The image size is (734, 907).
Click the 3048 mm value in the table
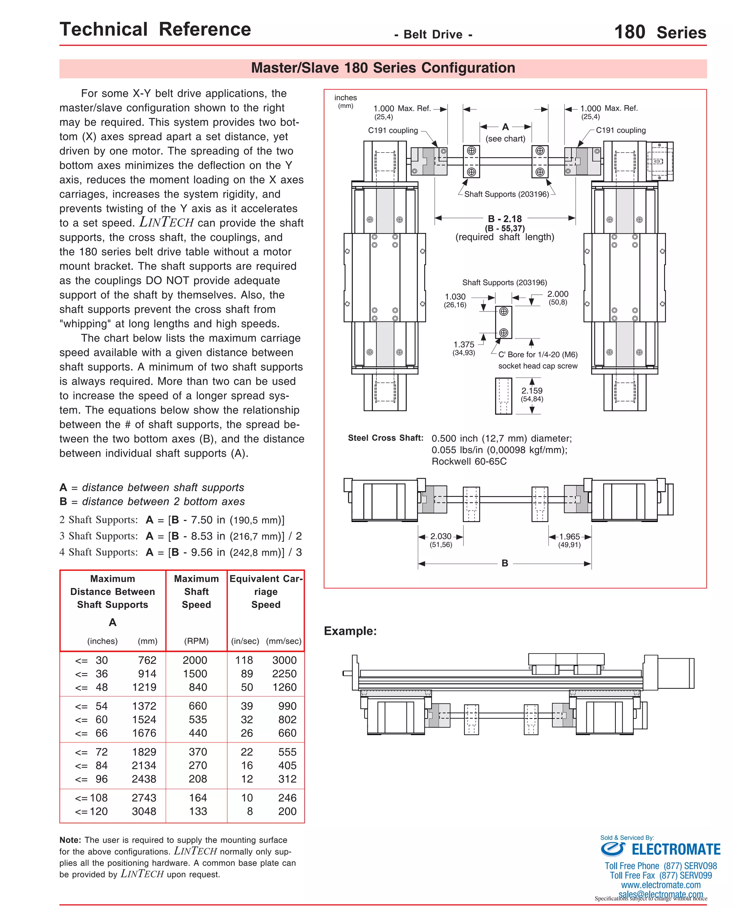[x=144, y=811]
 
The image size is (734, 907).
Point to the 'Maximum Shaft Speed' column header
[x=196, y=591]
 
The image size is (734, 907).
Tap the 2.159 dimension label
[x=532, y=391]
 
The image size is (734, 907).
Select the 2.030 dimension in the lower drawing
[x=440, y=536]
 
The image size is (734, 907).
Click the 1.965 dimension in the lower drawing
[x=569, y=536]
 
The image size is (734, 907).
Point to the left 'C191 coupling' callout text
[x=393, y=130]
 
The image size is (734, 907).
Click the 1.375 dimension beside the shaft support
[x=464, y=344]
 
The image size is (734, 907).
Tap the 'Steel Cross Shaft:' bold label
[x=385, y=438]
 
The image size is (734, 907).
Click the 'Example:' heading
[x=350, y=631]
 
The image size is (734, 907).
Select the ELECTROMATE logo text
[x=676, y=849]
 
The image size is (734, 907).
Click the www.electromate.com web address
[x=661, y=884]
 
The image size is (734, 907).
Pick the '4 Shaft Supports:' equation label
[x=99, y=552]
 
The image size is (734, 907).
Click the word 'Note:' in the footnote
[x=70, y=840]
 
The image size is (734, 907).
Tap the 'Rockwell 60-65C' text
[x=468, y=461]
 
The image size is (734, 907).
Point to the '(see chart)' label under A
[x=505, y=139]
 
